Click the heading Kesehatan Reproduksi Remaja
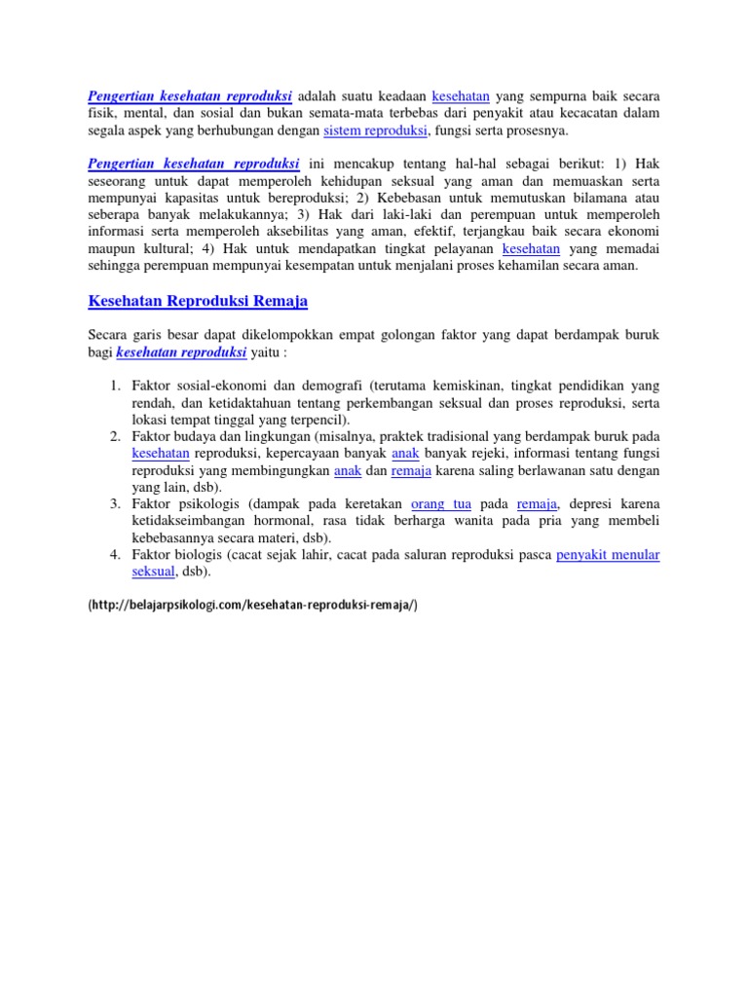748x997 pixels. click(198, 302)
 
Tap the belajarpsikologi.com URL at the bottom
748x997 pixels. click(252, 605)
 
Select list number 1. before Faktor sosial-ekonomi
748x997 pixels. click(114, 387)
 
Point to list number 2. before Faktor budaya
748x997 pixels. click(114, 437)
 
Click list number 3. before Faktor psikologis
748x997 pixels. click(114, 503)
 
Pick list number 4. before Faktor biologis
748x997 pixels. click(114, 555)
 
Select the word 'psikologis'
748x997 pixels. click(208, 503)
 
